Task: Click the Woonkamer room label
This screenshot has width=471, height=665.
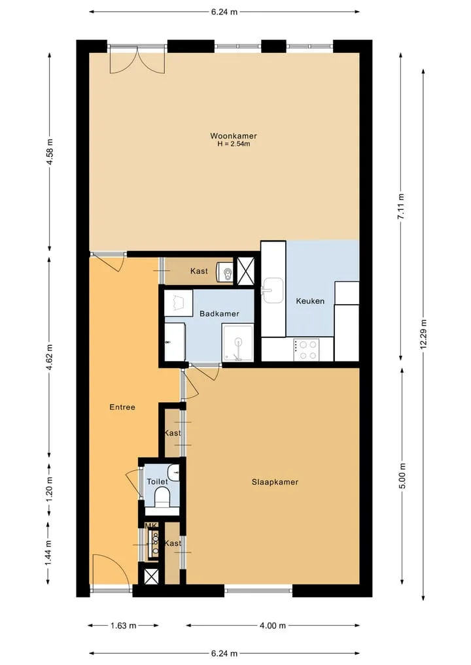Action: pyautogui.click(x=234, y=136)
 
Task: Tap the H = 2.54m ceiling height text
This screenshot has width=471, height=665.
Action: pyautogui.click(x=234, y=144)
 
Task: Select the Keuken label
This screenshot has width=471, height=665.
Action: pyautogui.click(x=310, y=301)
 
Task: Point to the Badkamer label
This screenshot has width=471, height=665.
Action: pyautogui.click(x=219, y=314)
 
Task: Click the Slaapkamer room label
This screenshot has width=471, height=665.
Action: pyautogui.click(x=275, y=482)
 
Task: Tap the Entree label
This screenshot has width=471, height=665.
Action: pyautogui.click(x=122, y=407)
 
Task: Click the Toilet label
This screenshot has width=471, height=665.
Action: pyautogui.click(x=157, y=482)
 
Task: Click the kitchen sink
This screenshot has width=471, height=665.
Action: pyautogui.click(x=272, y=290)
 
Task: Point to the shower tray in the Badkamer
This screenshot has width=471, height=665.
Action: pyautogui.click(x=238, y=343)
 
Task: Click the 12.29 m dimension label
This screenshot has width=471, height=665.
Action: pyautogui.click(x=423, y=334)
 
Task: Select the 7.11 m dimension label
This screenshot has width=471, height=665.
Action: pyautogui.click(x=401, y=207)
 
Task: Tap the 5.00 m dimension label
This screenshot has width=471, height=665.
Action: pyautogui.click(x=402, y=475)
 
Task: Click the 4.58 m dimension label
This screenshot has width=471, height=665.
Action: pyautogui.click(x=50, y=152)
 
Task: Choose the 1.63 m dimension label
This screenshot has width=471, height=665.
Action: pyautogui.click(x=124, y=626)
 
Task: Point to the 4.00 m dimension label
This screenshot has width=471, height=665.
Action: pyautogui.click(x=273, y=626)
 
